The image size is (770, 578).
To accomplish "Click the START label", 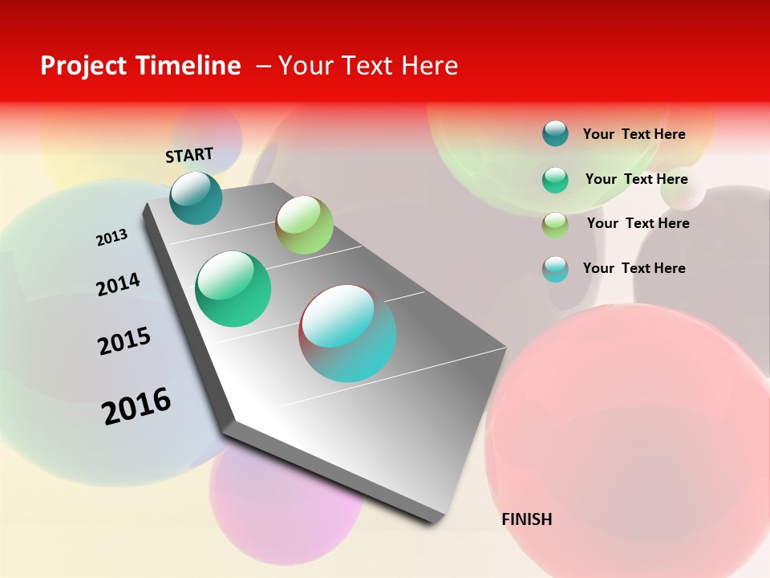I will coord(189,155).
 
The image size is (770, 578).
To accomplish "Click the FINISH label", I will coord(526,519).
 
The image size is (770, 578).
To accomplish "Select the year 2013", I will coord(111,238).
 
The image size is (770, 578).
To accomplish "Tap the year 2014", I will coord(118,284).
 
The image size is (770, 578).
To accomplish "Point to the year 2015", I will coord(124,341).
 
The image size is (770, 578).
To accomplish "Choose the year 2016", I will coord(136,406).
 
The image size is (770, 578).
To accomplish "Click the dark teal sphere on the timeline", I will coord(196,197).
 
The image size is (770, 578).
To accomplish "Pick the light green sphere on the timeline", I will coord(304,225).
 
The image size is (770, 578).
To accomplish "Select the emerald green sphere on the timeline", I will coord(233,289).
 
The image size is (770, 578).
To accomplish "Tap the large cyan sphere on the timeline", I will coord(347,333).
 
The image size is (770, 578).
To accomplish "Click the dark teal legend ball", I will coord(555,133).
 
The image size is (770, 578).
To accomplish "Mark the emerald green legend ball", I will coord(555,180).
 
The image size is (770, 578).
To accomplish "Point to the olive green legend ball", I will coord(555,225).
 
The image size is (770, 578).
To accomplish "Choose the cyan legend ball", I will coord(555,269).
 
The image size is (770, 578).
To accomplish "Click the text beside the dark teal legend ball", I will coord(634,134).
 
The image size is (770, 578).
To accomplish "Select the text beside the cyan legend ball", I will coord(634,268).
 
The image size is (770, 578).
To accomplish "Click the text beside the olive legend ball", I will coord(638,223).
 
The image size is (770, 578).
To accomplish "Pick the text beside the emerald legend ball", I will coord(636,179).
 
